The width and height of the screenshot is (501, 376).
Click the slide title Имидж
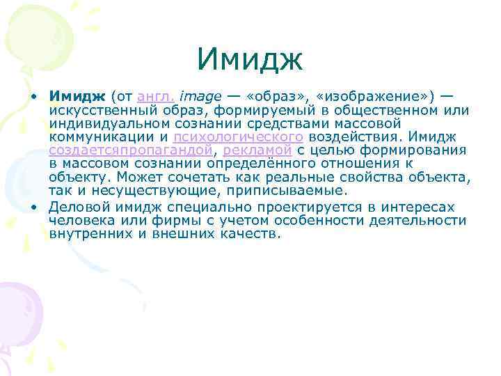(x=250, y=59)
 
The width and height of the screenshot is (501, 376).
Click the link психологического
(x=238, y=137)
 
